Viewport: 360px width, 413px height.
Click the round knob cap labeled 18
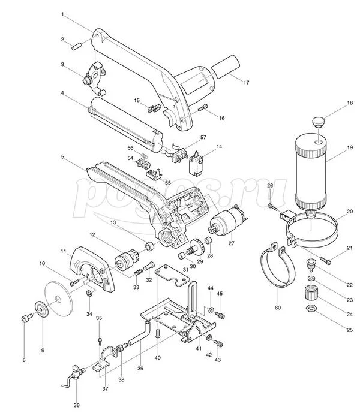pos(319,122)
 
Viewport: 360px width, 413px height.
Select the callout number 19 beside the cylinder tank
pos(350,147)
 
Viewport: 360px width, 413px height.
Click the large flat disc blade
pos(59,299)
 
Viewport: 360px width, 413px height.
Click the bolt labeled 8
pos(26,317)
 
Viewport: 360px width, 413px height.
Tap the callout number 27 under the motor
pos(231,243)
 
